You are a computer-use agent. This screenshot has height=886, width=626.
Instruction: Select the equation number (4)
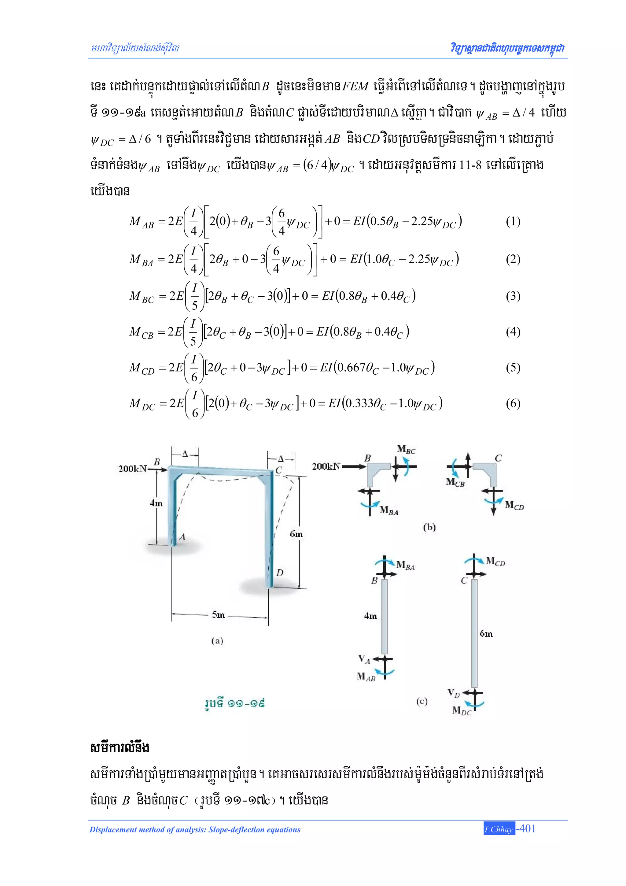tap(513, 332)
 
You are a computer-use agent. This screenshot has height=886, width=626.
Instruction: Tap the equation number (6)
tap(513, 404)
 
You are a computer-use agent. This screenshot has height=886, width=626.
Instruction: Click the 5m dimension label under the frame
tap(218, 615)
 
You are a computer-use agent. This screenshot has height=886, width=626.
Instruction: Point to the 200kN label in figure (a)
tap(133, 469)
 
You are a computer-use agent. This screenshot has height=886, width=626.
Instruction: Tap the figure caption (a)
tap(217, 641)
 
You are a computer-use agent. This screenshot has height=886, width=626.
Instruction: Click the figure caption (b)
tap(429, 527)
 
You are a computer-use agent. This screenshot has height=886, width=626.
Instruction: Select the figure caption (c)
tap(422, 702)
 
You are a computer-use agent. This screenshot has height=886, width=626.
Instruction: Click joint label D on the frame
tap(280, 573)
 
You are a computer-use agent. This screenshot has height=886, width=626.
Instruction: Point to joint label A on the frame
tap(182, 537)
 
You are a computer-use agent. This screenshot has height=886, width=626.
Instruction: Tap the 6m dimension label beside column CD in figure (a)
tap(296, 534)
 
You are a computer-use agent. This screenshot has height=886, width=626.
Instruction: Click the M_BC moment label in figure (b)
tap(406, 450)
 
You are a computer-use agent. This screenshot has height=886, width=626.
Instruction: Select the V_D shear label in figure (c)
tap(454, 693)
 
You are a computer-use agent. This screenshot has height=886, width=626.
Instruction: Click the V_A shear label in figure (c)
tap(364, 659)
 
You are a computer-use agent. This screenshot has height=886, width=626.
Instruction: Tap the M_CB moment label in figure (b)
tap(455, 482)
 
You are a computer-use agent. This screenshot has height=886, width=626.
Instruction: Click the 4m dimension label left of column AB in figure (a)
tap(156, 503)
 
